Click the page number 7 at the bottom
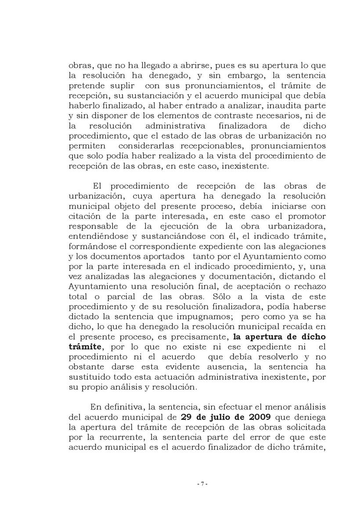tap(202, 484)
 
